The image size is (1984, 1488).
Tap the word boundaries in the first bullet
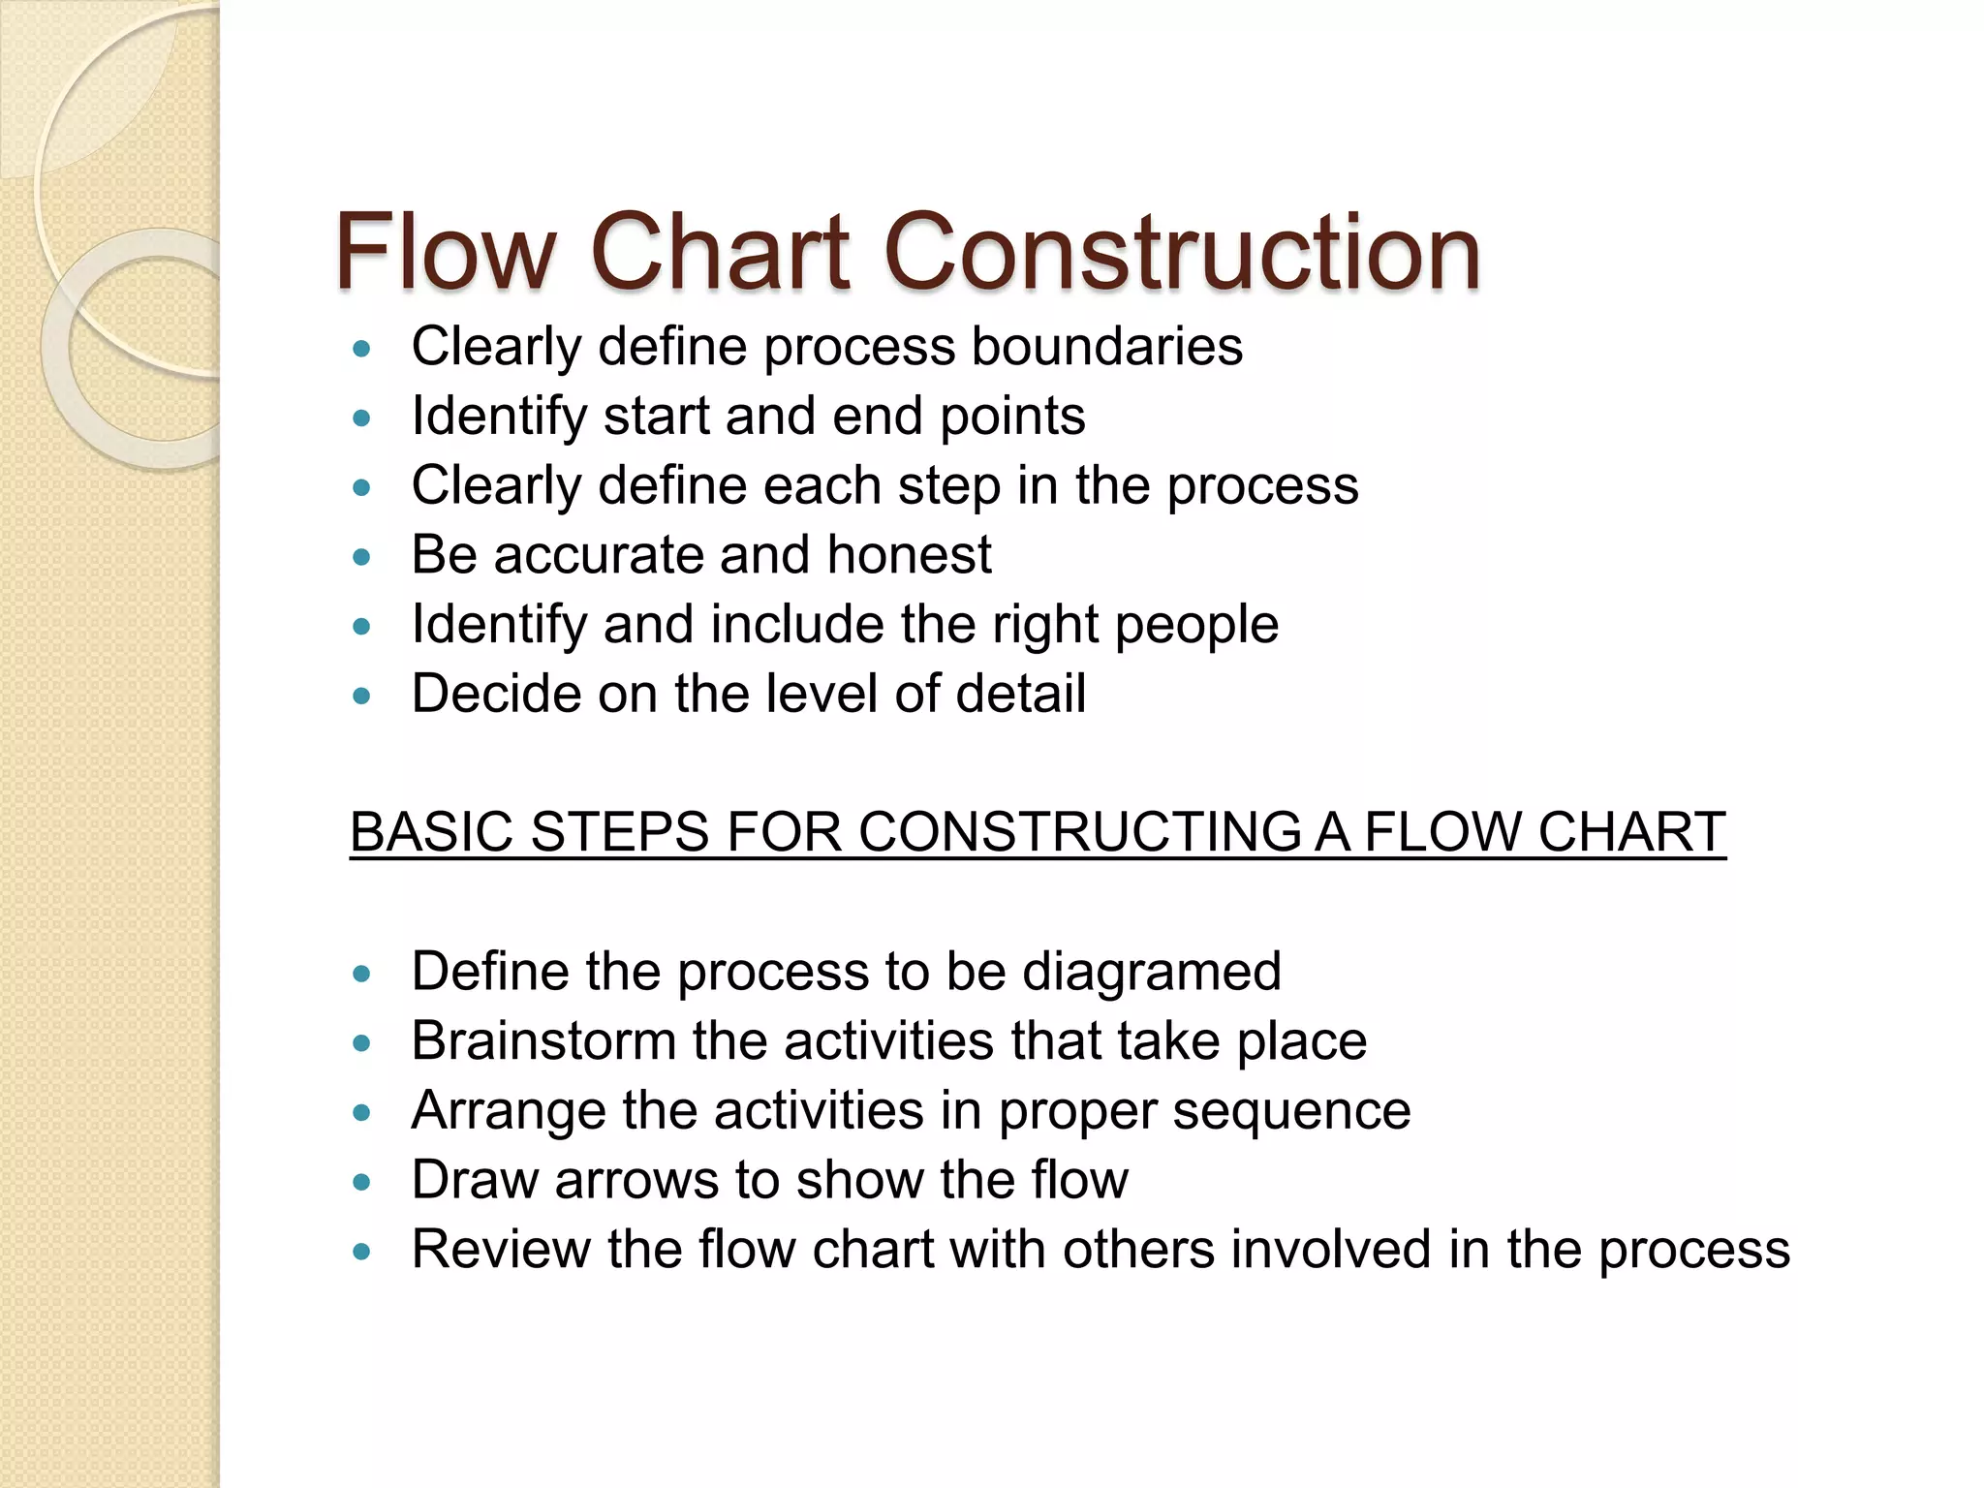[x=1106, y=347]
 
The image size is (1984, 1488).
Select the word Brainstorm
[x=543, y=1041]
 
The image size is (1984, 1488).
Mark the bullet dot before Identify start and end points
[x=362, y=418]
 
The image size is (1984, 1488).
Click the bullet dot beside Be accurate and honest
[x=362, y=557]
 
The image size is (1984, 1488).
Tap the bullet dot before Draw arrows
[x=362, y=1182]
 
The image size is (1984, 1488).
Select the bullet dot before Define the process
[x=362, y=974]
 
